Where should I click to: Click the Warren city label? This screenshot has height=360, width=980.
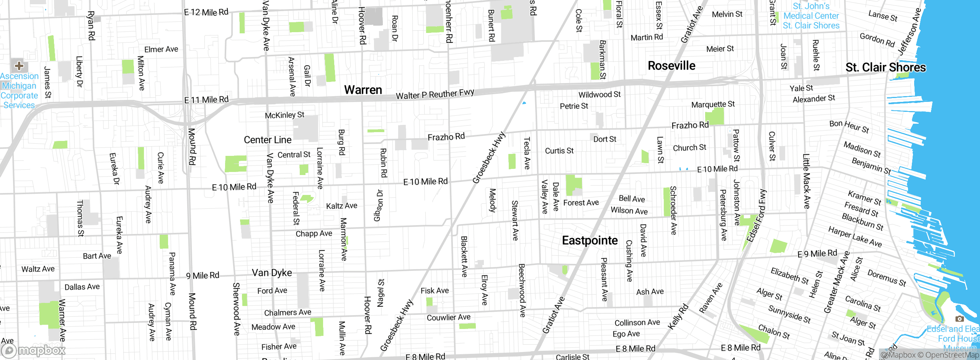pyautogui.click(x=363, y=90)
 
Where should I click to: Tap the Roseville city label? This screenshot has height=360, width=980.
pyautogui.click(x=671, y=65)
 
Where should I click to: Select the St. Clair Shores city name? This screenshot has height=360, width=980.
pyautogui.click(x=885, y=67)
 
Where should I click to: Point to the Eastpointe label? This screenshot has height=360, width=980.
pyautogui.click(x=590, y=241)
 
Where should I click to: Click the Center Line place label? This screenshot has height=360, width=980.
pyautogui.click(x=268, y=140)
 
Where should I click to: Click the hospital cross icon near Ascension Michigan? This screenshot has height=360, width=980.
pyautogui.click(x=19, y=66)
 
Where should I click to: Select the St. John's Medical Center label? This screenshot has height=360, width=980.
pyautogui.click(x=811, y=16)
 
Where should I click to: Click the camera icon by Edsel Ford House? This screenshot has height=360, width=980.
pyautogui.click(x=959, y=319)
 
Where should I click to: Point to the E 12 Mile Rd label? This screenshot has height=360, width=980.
pyautogui.click(x=206, y=12)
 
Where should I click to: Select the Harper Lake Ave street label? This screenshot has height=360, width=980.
pyautogui.click(x=855, y=237)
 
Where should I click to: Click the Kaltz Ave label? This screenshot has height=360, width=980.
pyautogui.click(x=341, y=206)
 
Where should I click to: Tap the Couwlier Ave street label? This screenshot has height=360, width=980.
pyautogui.click(x=448, y=317)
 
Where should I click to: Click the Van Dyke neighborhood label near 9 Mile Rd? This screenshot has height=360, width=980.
pyautogui.click(x=272, y=273)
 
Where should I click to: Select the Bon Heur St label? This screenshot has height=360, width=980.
pyautogui.click(x=849, y=126)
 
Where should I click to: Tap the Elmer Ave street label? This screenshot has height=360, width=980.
pyautogui.click(x=161, y=49)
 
